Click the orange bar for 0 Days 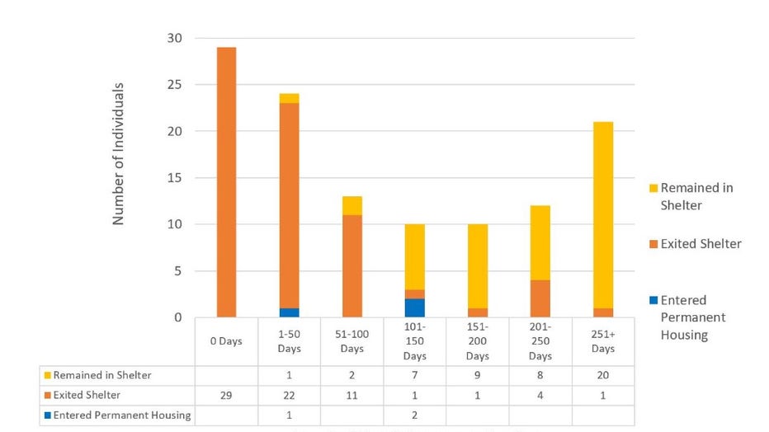tap(226, 181)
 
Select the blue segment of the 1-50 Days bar tap(290, 312)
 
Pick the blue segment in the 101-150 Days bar tap(415, 308)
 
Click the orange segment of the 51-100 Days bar tap(352, 265)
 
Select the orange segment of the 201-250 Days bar tap(540, 298)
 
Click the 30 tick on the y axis tap(176, 39)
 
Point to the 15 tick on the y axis tap(176, 178)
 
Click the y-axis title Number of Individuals tap(119, 153)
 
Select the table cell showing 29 tap(226, 396)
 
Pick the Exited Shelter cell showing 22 tap(290, 396)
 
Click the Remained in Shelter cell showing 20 tap(603, 376)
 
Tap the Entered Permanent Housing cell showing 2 tap(415, 416)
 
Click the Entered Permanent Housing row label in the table tap(122, 416)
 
